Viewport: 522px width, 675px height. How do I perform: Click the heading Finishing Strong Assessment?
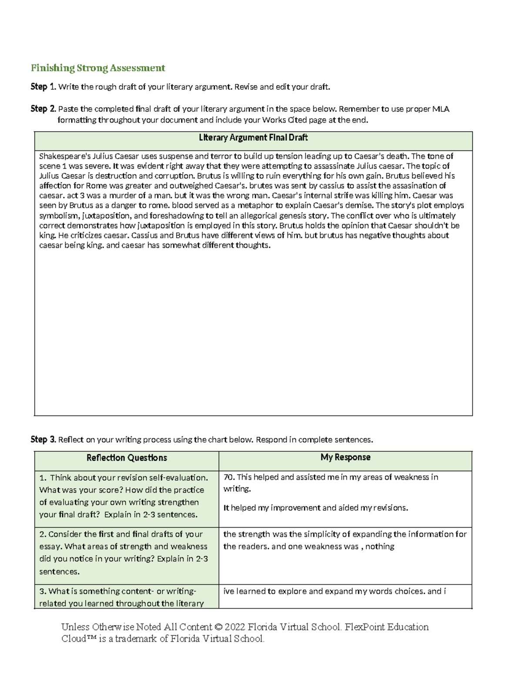(x=97, y=68)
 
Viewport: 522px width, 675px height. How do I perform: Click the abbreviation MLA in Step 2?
(x=440, y=109)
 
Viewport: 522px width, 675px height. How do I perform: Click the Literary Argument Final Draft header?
(x=253, y=138)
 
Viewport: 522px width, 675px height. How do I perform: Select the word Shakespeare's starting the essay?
(x=60, y=156)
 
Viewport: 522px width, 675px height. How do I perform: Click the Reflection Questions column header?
(x=127, y=458)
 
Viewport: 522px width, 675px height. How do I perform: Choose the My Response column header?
(x=345, y=457)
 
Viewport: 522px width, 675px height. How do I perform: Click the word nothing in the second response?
(x=380, y=547)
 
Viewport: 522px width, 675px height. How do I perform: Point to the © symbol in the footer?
(x=218, y=627)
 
